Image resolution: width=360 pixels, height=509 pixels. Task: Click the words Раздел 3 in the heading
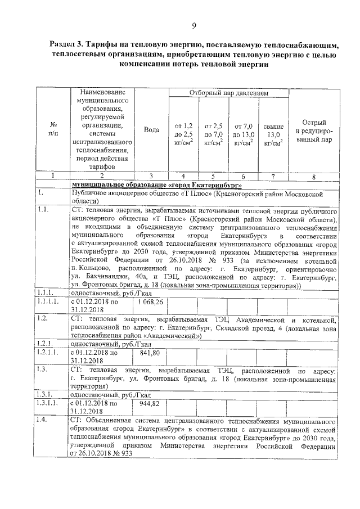click(x=69, y=44)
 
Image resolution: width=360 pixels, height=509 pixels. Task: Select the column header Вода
click(x=151, y=130)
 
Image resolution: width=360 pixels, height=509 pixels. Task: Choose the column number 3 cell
click(x=151, y=176)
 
